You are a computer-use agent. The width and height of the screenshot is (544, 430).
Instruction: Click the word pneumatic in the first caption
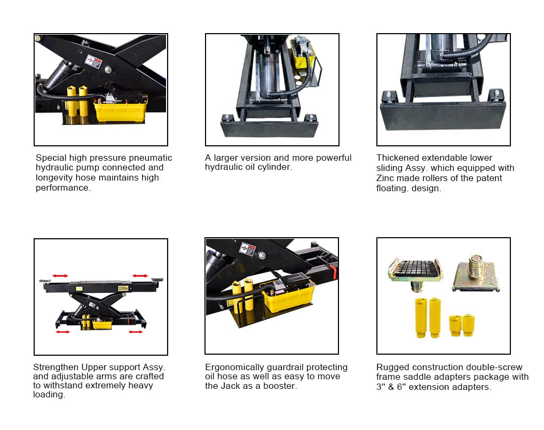(x=150, y=158)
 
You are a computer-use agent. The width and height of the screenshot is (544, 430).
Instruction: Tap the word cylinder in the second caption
(x=275, y=167)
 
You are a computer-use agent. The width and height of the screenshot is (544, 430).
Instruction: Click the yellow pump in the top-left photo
(x=121, y=108)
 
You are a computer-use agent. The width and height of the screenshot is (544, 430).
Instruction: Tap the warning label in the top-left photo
(x=93, y=62)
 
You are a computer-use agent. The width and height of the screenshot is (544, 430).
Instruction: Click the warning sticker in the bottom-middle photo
(x=248, y=249)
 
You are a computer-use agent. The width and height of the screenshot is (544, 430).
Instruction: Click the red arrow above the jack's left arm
(x=60, y=276)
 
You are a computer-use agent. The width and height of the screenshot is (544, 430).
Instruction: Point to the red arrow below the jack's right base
(x=135, y=332)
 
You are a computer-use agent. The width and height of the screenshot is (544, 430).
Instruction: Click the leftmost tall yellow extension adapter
(x=421, y=318)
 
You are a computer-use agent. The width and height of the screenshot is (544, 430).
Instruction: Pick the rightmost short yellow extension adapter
(x=468, y=325)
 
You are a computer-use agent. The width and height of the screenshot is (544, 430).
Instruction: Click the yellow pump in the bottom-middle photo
(x=288, y=295)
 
